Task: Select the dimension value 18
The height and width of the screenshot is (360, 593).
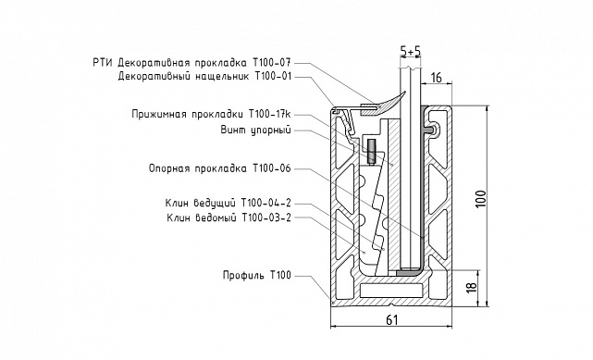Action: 470,288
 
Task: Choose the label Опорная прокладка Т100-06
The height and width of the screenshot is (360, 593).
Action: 220,168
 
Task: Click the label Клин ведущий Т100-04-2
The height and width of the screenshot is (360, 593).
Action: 226,203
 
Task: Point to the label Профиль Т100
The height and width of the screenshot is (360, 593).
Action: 256,276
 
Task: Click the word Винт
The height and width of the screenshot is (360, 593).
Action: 235,130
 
